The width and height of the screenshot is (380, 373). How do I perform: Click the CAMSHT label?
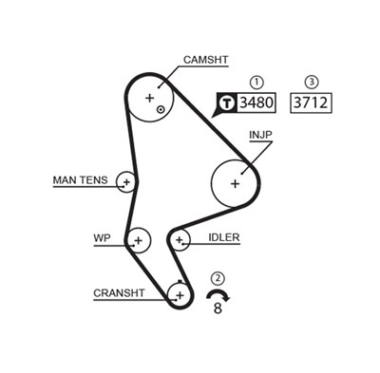point(206,60)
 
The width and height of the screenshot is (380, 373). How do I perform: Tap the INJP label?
point(260,135)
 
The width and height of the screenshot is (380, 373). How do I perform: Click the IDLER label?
point(223,237)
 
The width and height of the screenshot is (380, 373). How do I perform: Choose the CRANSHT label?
point(119,292)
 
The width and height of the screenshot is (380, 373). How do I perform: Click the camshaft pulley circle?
point(151,99)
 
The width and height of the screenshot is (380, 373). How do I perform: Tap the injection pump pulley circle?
point(234,182)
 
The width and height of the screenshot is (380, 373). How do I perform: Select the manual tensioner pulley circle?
point(126,180)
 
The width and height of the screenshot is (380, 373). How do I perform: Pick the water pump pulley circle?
point(139,240)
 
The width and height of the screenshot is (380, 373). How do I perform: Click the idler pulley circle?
point(180,240)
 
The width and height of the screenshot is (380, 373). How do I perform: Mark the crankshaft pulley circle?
point(179,295)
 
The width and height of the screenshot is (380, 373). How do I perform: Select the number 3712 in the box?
point(312,103)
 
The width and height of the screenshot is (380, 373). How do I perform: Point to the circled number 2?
point(218,278)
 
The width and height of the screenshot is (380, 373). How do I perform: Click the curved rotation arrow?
point(218,295)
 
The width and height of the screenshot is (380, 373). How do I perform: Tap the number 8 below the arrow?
point(218,308)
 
